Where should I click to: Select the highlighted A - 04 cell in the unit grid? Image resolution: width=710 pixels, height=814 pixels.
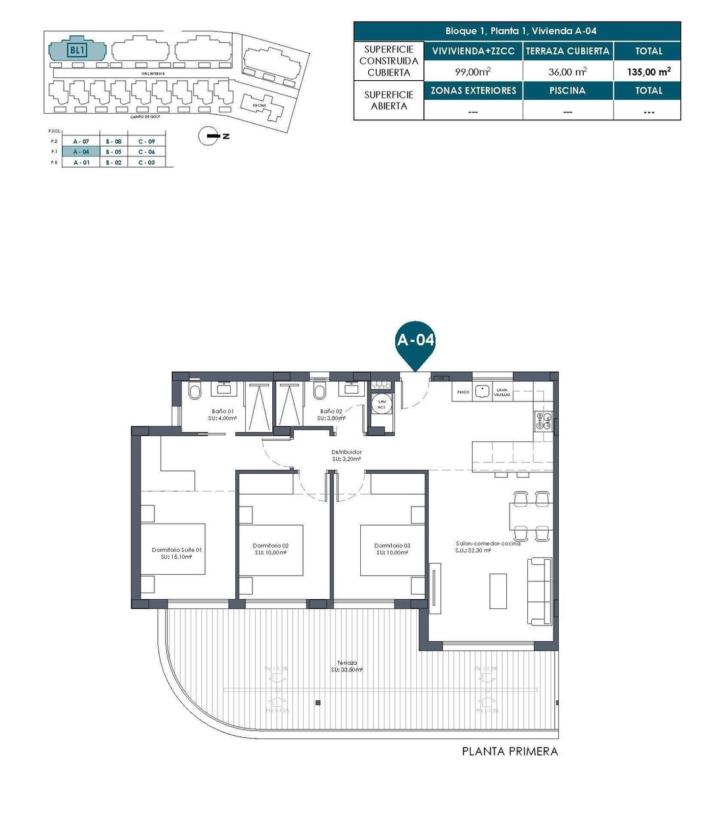coord(81,152)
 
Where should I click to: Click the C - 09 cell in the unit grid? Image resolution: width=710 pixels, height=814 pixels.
coord(147,142)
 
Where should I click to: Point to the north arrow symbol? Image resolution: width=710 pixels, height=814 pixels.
coord(210,136)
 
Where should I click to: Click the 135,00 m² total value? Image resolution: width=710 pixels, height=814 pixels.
coord(648,72)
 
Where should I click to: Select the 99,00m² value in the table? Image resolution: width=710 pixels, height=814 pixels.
coord(473,72)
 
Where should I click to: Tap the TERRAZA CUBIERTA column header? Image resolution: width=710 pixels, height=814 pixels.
coord(567,51)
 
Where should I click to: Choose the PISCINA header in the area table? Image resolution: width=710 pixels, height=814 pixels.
coord(567,91)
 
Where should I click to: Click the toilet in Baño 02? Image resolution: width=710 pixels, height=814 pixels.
coord(319,393)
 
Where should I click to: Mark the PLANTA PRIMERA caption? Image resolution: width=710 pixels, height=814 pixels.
coord(509,752)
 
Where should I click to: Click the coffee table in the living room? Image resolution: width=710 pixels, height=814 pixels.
coord(498,590)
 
